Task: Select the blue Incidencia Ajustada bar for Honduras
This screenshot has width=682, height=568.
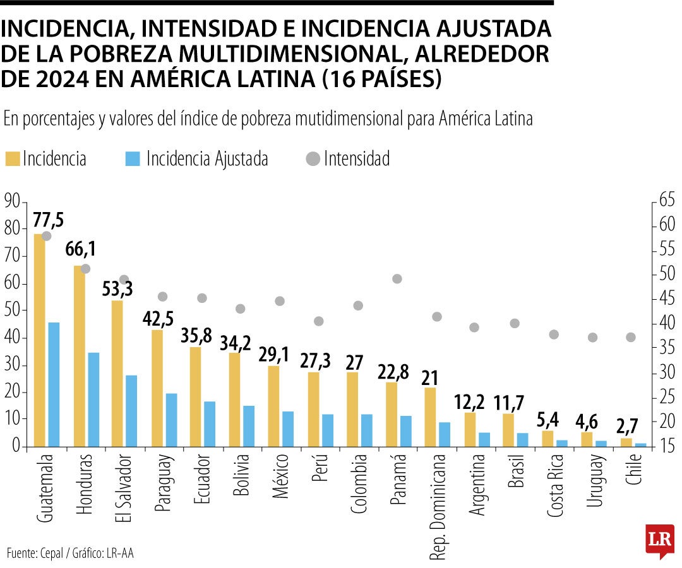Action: click(x=93, y=399)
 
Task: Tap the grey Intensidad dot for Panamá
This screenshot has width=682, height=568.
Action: click(x=397, y=279)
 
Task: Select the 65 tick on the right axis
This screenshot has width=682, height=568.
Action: click(x=667, y=201)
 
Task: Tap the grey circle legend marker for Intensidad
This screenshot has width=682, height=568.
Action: click(x=312, y=159)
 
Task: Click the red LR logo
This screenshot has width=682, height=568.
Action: click(x=659, y=540)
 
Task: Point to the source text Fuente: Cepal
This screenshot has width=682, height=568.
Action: click(x=35, y=553)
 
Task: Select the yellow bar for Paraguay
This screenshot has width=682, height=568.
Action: click(x=157, y=388)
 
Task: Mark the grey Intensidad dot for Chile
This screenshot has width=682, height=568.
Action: click(x=630, y=337)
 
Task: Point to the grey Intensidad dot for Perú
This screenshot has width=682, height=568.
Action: click(x=319, y=321)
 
